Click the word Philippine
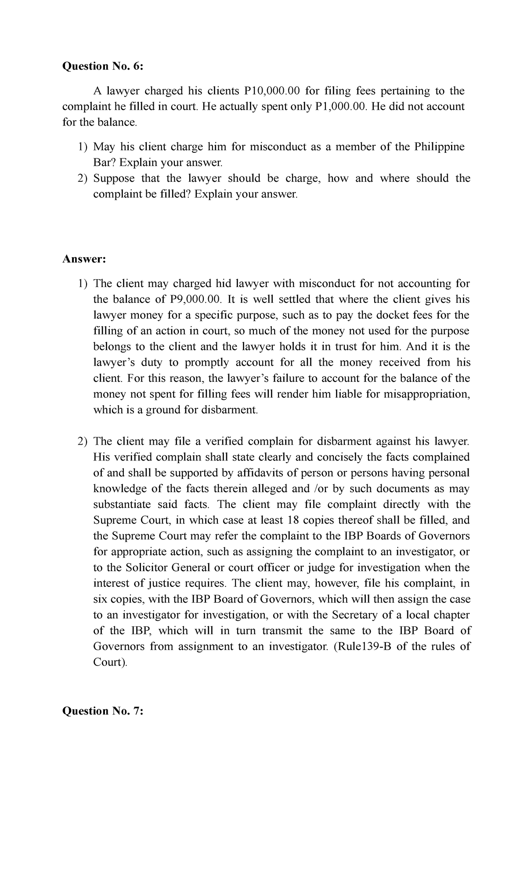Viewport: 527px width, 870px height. pyautogui.click(x=439, y=147)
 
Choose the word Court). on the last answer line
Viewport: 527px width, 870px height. pyautogui.click(x=110, y=663)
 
